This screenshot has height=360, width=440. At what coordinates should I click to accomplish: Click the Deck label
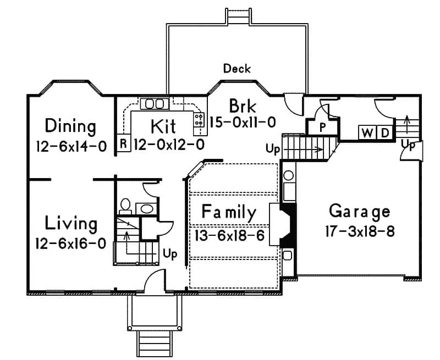click(237, 69)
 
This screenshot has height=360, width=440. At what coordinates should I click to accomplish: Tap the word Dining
click(70, 126)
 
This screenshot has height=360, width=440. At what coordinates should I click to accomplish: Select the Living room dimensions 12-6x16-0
click(70, 243)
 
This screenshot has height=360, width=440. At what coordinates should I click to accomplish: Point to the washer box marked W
click(366, 132)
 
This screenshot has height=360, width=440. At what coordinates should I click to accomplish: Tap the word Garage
click(360, 211)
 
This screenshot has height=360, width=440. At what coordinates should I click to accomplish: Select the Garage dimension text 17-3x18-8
click(360, 230)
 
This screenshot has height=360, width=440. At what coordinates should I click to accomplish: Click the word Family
click(229, 212)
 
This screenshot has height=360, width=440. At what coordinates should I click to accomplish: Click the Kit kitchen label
click(163, 126)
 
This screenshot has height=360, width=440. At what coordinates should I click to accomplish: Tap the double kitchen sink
click(155, 103)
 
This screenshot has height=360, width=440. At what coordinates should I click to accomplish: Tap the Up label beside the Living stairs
click(170, 254)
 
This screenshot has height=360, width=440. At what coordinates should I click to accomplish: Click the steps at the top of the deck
click(237, 16)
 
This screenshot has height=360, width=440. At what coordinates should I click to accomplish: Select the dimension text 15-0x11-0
click(243, 122)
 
